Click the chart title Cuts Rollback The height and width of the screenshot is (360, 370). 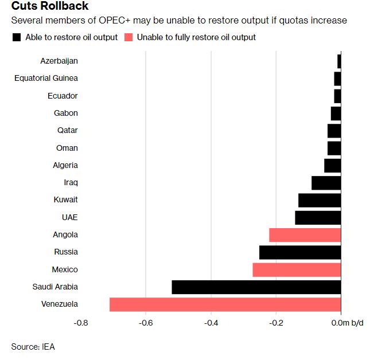(51, 7)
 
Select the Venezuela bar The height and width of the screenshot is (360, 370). (225, 304)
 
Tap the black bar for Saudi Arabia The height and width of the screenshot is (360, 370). (256, 287)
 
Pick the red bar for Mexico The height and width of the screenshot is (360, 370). (297, 270)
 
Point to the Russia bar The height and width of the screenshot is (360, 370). (300, 252)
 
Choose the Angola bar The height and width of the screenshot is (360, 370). (305, 235)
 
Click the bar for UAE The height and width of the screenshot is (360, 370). (318, 218)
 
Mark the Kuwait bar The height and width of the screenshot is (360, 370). (320, 200)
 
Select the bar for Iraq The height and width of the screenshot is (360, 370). (326, 183)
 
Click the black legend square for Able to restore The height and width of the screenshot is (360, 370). (16, 37)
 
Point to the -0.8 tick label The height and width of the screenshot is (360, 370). (81, 323)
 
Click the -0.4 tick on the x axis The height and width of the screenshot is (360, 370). (211, 323)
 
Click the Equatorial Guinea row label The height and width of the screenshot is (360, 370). (46, 78)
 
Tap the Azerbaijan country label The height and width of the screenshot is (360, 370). (59, 61)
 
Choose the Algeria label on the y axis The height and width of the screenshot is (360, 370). (65, 165)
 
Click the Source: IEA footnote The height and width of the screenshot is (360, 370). (33, 346)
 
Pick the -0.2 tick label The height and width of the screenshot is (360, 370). (276, 323)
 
